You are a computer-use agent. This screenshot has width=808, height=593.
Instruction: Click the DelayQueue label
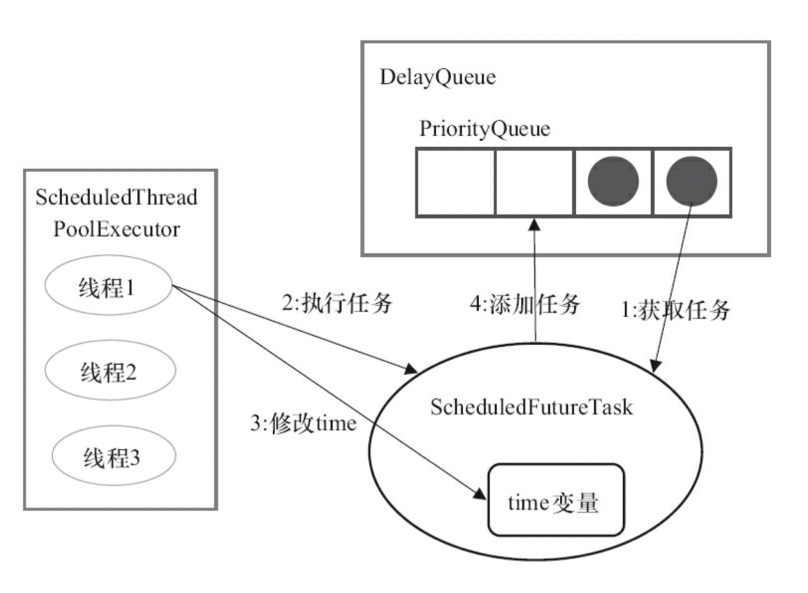coord(438,77)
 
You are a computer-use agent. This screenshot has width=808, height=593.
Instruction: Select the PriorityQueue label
coord(484,129)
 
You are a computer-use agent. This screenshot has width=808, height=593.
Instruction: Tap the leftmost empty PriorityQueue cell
coord(455,182)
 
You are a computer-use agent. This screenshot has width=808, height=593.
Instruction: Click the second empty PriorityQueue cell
coord(534,182)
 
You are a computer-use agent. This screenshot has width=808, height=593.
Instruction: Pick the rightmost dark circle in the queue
coord(692,181)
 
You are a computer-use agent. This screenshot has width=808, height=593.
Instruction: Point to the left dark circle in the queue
coord(614,181)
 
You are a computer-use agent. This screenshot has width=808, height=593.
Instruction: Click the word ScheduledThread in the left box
coord(116,197)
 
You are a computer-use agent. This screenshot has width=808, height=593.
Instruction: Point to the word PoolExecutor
coord(116,229)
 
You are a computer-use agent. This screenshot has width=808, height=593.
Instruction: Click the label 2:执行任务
coord(337,303)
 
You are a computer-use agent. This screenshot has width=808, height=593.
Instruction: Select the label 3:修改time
coord(304,423)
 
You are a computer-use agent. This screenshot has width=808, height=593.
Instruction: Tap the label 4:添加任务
coord(525,304)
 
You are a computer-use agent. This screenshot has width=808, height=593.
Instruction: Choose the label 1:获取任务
coord(676,310)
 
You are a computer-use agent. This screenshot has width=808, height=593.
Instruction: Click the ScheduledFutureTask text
coord(532,407)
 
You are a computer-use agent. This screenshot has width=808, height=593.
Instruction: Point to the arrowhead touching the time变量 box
coord(480,494)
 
